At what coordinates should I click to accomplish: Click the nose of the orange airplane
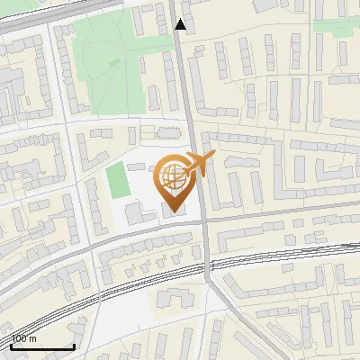point(214,157)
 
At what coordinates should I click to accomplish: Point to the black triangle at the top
point(181,24)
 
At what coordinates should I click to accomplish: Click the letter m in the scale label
point(33,339)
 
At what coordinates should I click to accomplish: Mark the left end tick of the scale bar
point(12,345)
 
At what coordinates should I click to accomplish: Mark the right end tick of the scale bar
point(73,345)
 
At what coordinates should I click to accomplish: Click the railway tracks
point(108,292)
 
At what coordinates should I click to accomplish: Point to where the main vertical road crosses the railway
point(208,262)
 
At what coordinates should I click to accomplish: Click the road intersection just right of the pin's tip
point(206,220)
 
